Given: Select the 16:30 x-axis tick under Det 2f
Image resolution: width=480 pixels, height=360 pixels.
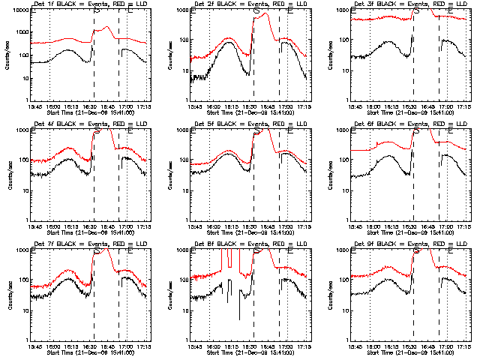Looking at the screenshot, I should (252, 106).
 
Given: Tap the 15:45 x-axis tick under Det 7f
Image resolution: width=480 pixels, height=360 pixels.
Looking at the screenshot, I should (33, 346).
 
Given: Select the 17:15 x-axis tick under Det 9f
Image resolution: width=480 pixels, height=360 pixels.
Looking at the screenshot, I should (462, 346).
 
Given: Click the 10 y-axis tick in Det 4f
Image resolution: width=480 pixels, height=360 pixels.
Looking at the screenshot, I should (22, 190).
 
